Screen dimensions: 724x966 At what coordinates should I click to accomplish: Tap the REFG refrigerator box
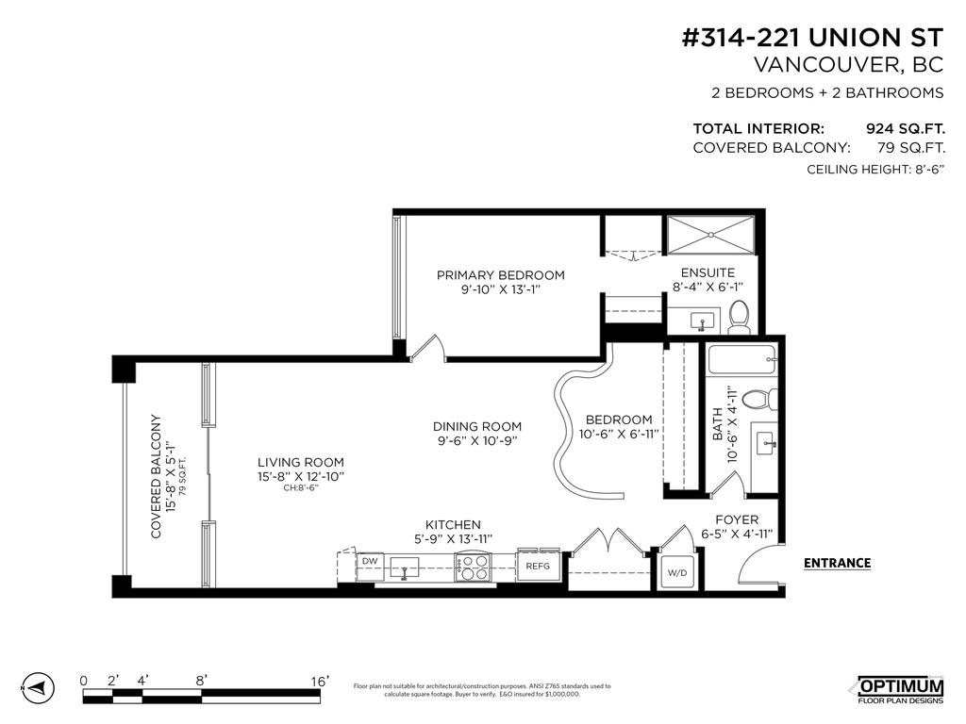tap(538, 566)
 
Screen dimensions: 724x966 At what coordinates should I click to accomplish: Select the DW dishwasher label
tap(371, 561)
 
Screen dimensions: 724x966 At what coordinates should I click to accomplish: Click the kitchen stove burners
tap(474, 567)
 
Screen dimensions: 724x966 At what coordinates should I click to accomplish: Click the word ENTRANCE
tap(837, 564)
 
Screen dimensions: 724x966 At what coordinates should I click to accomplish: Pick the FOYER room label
tap(737, 519)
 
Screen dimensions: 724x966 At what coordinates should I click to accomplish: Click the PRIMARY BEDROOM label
tap(500, 275)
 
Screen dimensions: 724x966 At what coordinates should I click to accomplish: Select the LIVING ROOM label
tap(301, 462)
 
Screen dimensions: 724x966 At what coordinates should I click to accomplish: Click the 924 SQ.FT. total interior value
tap(905, 129)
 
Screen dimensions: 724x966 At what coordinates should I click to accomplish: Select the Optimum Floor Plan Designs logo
tap(899, 689)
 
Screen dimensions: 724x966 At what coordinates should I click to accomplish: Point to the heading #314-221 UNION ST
tap(811, 38)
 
